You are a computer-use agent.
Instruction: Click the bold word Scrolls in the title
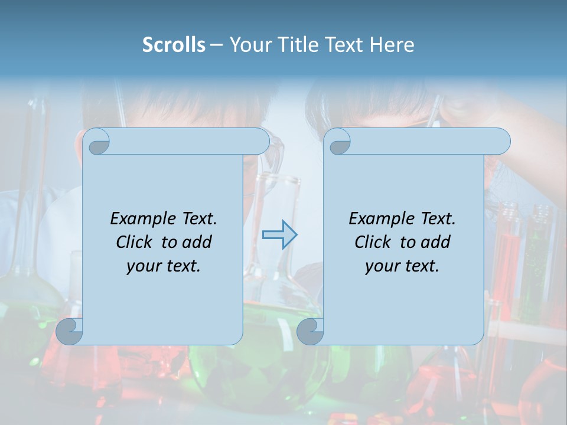[174, 45]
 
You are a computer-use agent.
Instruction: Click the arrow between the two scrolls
[279, 235]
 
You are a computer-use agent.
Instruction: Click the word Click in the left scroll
[136, 242]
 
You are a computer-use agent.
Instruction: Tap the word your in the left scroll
[142, 266]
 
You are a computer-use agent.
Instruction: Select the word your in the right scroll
[381, 266]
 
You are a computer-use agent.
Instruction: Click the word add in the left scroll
[197, 242]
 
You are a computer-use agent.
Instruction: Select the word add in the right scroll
[436, 242]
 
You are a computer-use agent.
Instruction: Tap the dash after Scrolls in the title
[216, 45]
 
